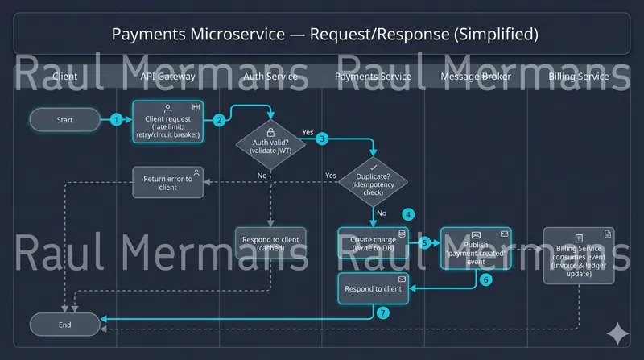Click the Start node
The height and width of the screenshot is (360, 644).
tap(65, 120)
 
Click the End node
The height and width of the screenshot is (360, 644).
tap(65, 325)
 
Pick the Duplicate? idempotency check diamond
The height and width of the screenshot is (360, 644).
tap(373, 180)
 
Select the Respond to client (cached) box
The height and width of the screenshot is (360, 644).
tap(270, 242)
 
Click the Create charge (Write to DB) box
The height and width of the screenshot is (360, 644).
tap(373, 242)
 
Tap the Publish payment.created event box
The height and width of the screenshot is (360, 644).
tap(476, 246)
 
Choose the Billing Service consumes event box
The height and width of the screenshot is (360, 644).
tap(579, 255)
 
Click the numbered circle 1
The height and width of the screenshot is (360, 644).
tap(117, 120)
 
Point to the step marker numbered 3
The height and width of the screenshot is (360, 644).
tap(322, 139)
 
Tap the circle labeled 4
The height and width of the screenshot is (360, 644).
tap(409, 215)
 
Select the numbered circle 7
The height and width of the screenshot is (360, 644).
tap(383, 312)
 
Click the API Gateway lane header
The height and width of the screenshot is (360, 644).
tap(168, 77)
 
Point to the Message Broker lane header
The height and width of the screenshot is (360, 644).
tap(476, 77)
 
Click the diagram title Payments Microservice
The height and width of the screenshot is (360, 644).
tap(322, 35)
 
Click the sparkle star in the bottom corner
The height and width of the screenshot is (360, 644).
tap(617, 333)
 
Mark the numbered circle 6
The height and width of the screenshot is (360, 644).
tap(485, 280)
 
